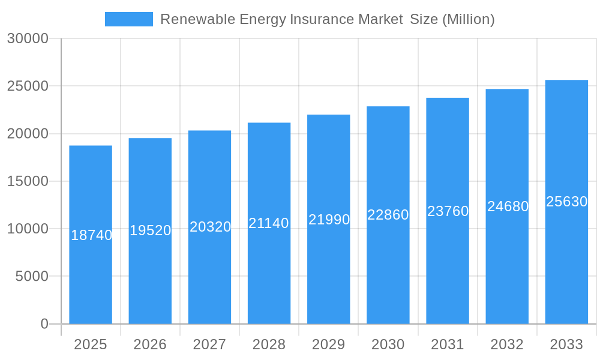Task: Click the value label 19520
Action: point(151,230)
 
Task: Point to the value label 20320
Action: point(210,227)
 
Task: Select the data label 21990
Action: point(329,220)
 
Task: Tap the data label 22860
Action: point(388,215)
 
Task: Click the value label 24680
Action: point(508,206)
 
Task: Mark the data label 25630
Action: point(566,202)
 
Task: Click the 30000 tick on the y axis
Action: point(28,38)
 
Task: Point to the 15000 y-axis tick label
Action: point(28,181)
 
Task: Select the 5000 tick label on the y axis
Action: point(31,277)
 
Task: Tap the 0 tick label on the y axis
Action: point(44,324)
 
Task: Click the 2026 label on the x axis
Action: point(150,344)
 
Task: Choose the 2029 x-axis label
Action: point(329,344)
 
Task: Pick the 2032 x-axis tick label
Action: point(507,344)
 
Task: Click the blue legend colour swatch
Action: point(129,19)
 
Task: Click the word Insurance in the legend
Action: point(322,19)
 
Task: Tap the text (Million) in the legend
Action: point(468,19)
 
